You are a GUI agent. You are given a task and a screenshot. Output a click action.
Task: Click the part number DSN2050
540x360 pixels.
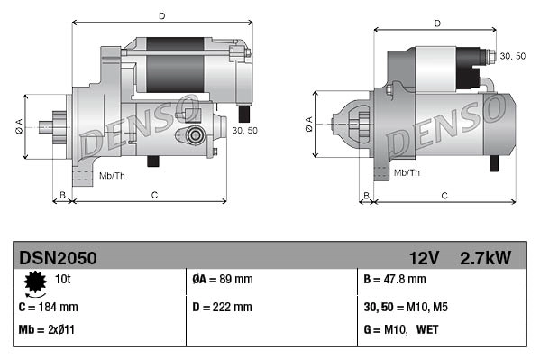point(58,258)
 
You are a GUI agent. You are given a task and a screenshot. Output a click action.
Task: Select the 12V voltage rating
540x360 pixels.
point(424,258)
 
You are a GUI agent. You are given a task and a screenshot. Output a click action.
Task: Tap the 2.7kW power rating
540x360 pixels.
point(485,258)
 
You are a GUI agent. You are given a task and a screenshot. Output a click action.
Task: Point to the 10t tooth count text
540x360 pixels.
point(63,281)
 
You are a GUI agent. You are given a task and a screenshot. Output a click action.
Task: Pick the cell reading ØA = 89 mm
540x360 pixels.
point(223,281)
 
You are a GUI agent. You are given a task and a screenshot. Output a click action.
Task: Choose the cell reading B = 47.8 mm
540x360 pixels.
point(394,281)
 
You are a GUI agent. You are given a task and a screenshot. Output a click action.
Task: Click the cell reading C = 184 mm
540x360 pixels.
point(48,307)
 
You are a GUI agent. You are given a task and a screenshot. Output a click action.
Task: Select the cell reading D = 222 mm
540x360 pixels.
point(223,307)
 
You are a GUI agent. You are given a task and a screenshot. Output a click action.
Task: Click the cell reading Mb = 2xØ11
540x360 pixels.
point(47,330)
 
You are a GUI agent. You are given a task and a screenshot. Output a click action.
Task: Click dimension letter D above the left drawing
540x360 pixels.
point(161,15)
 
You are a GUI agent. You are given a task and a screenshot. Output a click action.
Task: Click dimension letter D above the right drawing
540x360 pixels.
point(436,23)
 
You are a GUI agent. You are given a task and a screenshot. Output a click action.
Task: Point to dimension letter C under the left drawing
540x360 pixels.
point(154,194)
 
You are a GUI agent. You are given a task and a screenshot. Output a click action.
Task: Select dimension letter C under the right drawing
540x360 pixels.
point(445,194)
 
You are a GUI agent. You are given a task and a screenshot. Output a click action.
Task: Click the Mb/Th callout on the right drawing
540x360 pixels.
point(407,171)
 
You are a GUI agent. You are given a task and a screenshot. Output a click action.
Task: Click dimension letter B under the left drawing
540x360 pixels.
point(62,194)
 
